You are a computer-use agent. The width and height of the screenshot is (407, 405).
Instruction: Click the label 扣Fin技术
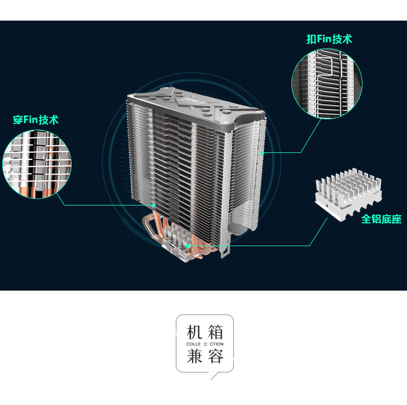(x=329, y=39)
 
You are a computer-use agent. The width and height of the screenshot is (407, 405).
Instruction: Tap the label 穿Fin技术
(x=36, y=120)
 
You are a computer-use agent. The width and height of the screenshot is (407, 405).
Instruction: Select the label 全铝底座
(x=381, y=220)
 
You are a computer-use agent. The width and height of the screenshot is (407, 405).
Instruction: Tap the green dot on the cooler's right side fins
(x=263, y=153)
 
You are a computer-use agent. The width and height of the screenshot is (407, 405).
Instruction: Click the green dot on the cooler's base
(x=188, y=246)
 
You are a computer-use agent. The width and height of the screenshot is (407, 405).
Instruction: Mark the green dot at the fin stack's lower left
(x=154, y=205)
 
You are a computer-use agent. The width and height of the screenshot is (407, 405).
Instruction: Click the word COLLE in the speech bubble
(x=193, y=344)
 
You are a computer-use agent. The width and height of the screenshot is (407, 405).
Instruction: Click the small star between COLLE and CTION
(x=205, y=344)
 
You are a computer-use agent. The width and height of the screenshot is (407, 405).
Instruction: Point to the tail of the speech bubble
(x=214, y=375)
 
